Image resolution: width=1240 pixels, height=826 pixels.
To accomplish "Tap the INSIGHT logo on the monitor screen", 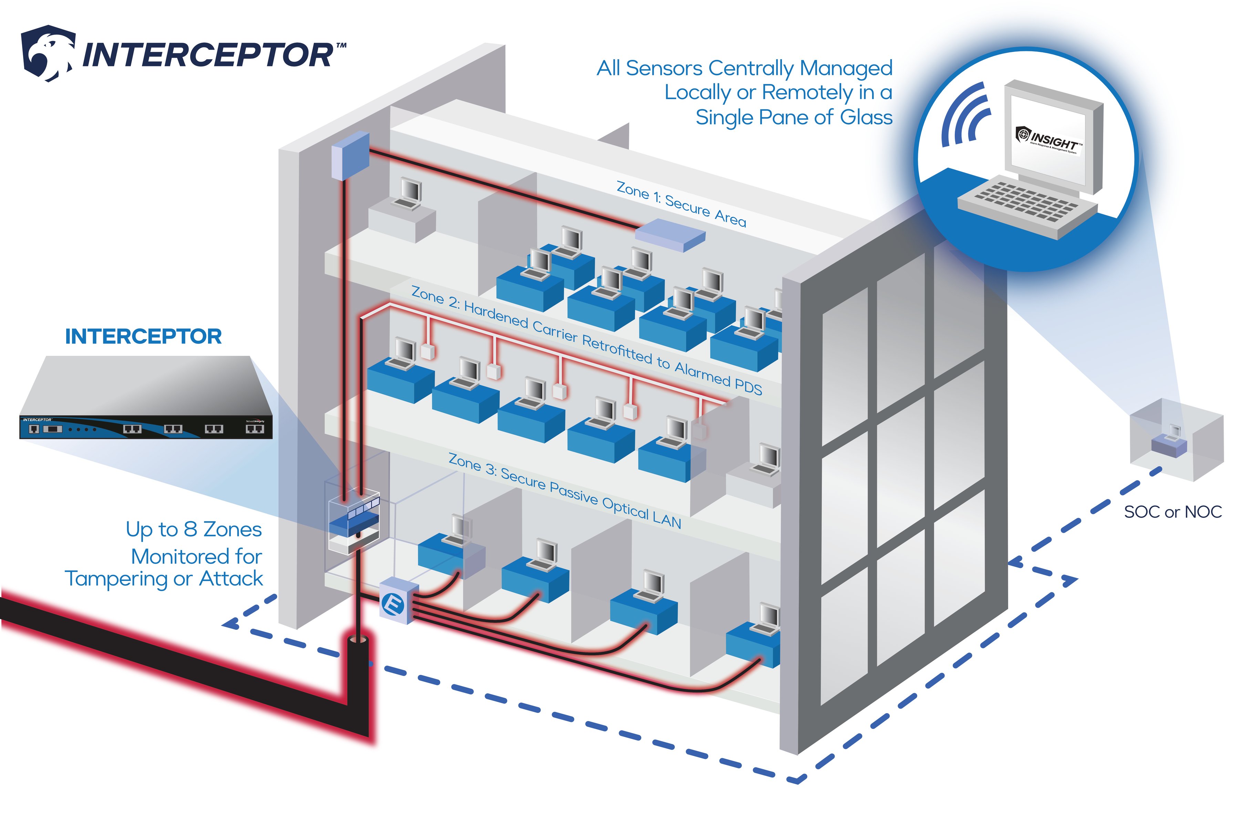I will (1049, 140).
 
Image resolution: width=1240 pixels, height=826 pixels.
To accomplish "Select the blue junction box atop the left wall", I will (349, 156).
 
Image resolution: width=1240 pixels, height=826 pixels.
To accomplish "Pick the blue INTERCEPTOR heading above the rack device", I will (143, 337).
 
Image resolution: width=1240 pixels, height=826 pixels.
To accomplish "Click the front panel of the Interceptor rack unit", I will (145, 428).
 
